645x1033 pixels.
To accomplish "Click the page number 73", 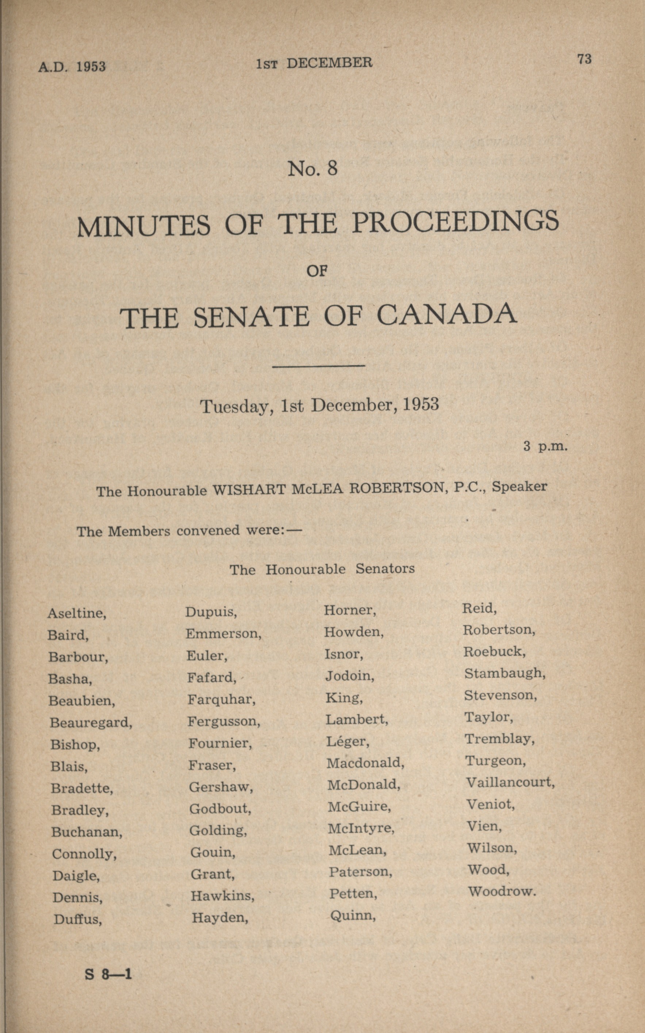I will coord(584,59).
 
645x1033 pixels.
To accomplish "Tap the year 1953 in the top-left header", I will coord(91,66).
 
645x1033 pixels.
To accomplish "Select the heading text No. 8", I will coord(313,169).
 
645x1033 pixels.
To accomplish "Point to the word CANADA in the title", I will coord(447,316).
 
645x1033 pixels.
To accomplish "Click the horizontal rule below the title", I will coord(318,365).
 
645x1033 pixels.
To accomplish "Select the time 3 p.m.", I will coord(546,446).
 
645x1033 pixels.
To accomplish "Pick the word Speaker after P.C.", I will coord(519,487).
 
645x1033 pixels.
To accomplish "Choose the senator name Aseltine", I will coord(76,613).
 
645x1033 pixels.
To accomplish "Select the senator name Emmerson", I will coord(223,633).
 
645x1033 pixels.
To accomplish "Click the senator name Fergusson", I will coord(223,721).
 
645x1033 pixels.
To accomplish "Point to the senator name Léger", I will coord(347,742).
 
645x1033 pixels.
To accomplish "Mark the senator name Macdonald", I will coord(365,763).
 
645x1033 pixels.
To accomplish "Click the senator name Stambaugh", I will coord(505,674).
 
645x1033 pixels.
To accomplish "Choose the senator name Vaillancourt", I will coord(510,782).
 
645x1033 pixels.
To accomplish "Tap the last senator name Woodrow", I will coord(501,891).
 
